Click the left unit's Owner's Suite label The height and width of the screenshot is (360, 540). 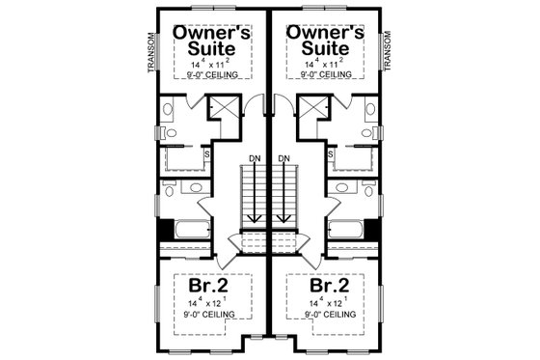[212, 41]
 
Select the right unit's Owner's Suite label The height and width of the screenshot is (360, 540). [325, 41]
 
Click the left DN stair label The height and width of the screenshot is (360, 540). [254, 158]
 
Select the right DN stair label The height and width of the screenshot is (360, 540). [283, 158]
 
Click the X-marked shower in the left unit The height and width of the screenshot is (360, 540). [229, 107]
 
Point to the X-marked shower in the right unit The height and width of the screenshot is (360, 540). [310, 107]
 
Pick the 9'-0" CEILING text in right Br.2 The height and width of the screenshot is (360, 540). [325, 315]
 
